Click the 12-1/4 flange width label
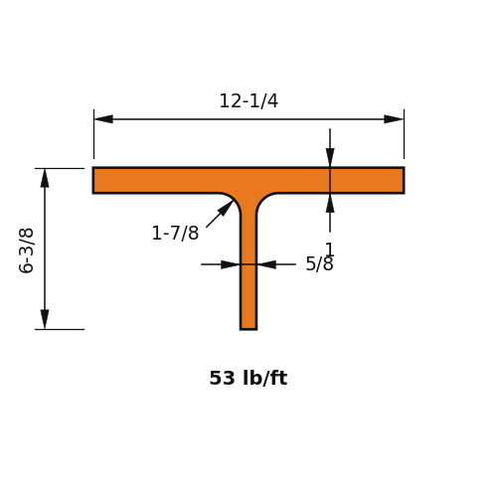tap(248, 101)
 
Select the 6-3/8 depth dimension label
tap(26, 250)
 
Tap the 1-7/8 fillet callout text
tap(175, 233)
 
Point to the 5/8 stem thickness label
tap(319, 264)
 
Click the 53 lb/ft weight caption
tap(248, 378)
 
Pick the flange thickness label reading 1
tap(330, 249)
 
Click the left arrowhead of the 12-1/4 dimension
tap(103, 119)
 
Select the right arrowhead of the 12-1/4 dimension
tap(394, 119)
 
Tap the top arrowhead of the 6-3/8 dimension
tap(45, 178)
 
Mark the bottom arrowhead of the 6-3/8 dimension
tap(45, 319)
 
